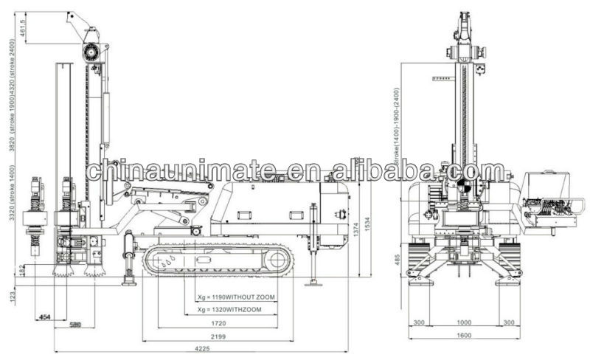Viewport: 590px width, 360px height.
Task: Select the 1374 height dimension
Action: [357, 232]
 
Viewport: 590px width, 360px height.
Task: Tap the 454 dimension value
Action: [45, 316]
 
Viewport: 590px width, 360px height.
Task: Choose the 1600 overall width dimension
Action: [463, 336]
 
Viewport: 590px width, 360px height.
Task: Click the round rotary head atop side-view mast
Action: [91, 51]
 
